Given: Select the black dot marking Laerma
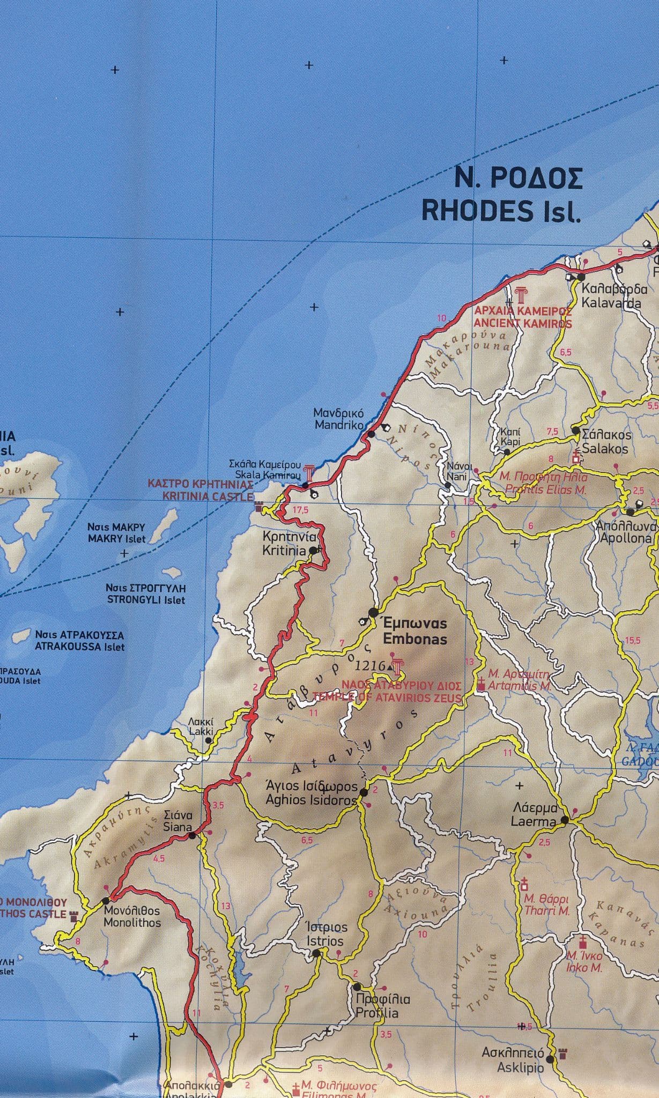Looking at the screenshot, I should point(565,835).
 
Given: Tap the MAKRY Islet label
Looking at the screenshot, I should point(116,533).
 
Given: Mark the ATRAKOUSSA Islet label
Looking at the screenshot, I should point(79,641).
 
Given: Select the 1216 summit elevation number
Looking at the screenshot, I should point(369,665).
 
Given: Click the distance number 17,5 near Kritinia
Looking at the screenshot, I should point(301,510).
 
